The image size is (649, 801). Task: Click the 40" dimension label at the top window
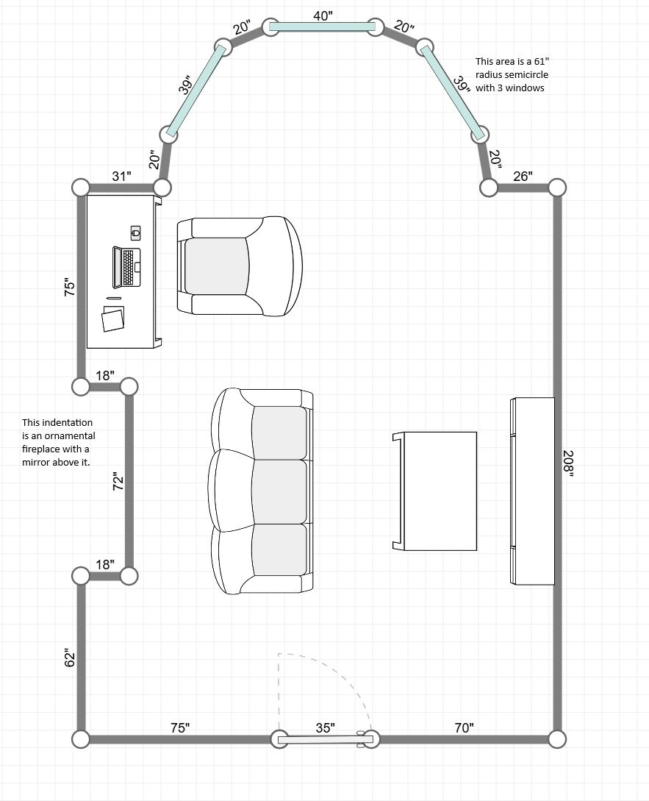point(323,16)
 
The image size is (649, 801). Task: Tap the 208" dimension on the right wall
point(568,463)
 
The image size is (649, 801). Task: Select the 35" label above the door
point(325,727)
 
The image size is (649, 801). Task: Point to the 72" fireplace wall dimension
point(118,481)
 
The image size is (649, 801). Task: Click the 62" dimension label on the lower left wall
point(69,658)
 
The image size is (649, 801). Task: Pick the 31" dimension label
point(121,177)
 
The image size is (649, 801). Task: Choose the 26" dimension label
point(523,177)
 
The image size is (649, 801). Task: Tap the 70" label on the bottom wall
point(464,727)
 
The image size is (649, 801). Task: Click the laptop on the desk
point(126,267)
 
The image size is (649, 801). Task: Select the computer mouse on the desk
point(135,233)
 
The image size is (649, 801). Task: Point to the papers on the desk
point(113,318)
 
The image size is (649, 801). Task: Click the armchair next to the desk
point(240,266)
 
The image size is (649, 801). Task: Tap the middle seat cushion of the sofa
point(279,491)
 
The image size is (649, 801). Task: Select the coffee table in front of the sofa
point(434,491)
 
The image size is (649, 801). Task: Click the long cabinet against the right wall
point(533,491)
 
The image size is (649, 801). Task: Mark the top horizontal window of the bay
point(323,26)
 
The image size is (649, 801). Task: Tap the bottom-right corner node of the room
point(557,739)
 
